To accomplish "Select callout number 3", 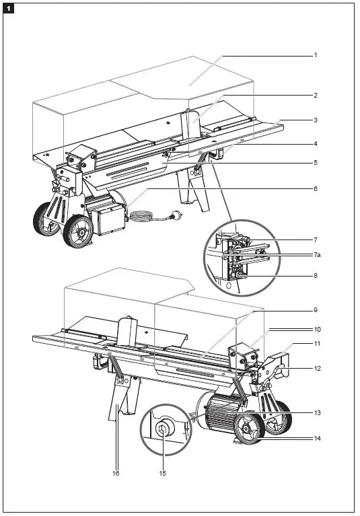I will coord(315,120).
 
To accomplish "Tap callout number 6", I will coord(315,189).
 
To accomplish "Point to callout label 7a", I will coord(316,256).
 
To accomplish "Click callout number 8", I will coord(315,275).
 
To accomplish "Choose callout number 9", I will coord(315,310).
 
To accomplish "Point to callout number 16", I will coord(116,474).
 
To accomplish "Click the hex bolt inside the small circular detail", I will coord(164,429).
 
